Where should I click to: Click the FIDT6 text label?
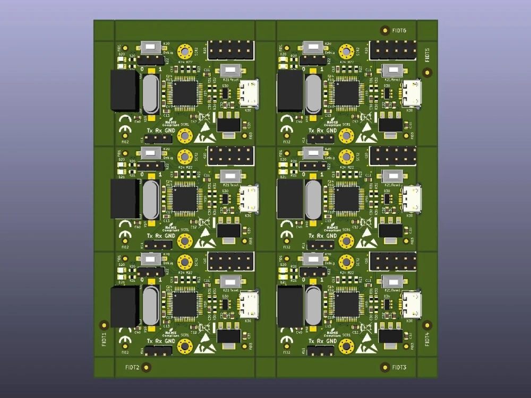click(x=399, y=31)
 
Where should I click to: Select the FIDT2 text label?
click(x=132, y=367)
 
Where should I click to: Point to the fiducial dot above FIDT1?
click(x=104, y=324)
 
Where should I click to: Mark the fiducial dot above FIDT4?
click(x=427, y=324)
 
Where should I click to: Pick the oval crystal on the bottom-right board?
click(x=313, y=306)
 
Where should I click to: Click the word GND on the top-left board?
click(x=169, y=131)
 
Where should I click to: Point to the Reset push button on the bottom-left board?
click(x=230, y=281)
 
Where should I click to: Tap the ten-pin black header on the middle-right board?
click(x=393, y=156)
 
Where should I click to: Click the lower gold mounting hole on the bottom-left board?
click(x=185, y=347)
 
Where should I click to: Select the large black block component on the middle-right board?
click(x=289, y=199)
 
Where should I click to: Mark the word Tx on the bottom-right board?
click(x=311, y=341)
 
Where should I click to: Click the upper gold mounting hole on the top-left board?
click(x=185, y=52)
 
